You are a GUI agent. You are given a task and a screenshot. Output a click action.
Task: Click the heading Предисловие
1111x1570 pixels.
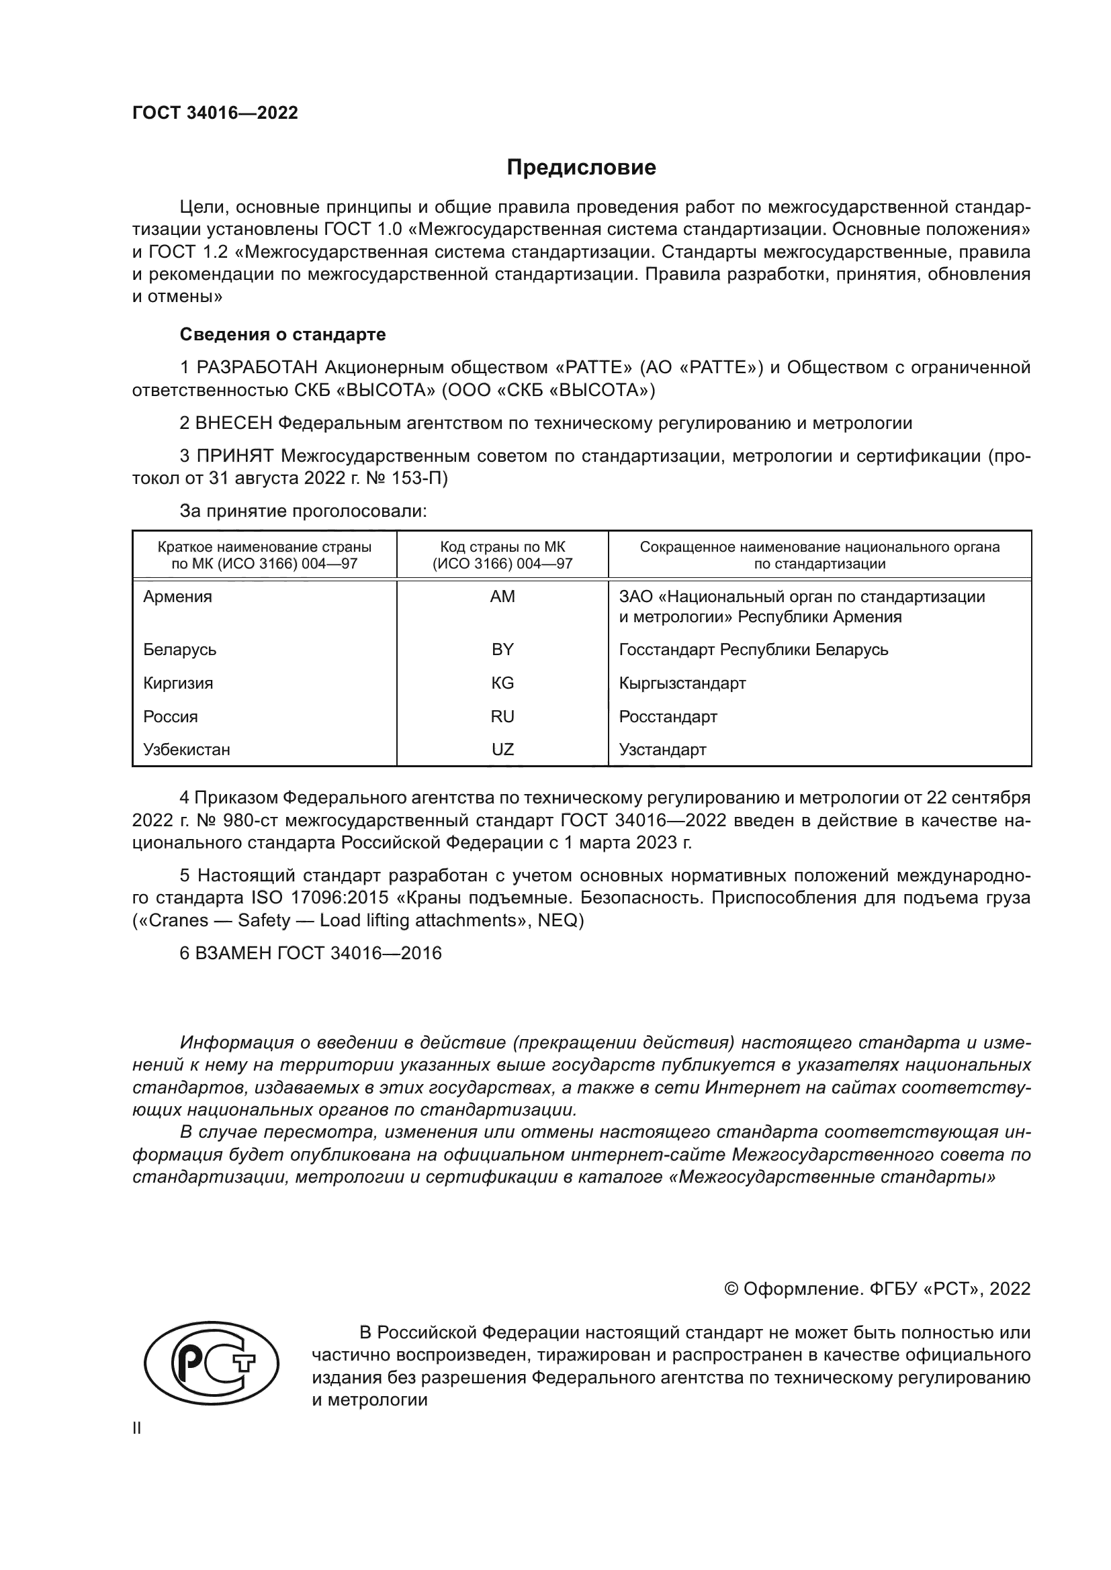(581, 168)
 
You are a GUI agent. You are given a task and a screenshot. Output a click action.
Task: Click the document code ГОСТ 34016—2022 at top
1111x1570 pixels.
(215, 113)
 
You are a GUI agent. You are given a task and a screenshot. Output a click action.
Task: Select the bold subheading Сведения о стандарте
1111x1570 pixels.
(283, 334)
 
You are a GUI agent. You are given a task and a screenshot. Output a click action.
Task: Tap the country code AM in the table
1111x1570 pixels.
(502, 597)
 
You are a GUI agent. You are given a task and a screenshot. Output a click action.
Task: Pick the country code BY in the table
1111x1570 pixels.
(502, 650)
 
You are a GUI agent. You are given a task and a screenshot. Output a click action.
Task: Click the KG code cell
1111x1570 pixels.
(502, 683)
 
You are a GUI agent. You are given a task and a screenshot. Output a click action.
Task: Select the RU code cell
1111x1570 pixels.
(502, 717)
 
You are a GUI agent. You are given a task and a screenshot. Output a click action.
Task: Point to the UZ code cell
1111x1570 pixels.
(502, 750)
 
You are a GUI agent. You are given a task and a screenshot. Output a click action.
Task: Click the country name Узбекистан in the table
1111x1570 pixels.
(187, 750)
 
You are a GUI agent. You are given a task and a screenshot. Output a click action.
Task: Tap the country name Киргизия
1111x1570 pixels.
(178, 683)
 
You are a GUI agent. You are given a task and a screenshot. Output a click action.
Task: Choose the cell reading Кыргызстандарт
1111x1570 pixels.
(682, 683)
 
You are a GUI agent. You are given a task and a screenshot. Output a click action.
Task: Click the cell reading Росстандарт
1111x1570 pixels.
(668, 717)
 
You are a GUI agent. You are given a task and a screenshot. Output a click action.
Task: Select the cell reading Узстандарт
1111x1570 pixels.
(662, 750)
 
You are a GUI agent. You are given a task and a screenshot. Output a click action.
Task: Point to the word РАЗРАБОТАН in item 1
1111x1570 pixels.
(257, 368)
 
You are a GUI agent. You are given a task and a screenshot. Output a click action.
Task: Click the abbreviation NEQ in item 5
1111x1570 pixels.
(557, 920)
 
